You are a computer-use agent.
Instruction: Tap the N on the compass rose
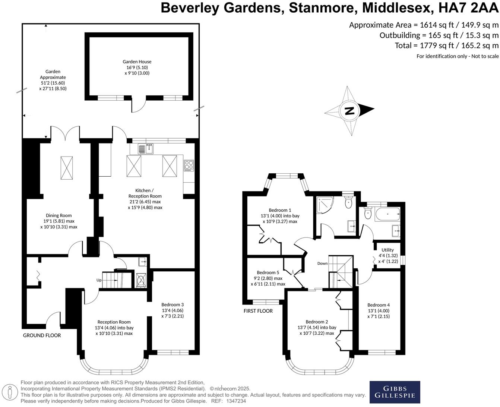coord(349,111)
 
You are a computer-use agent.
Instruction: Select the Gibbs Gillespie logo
coord(395,392)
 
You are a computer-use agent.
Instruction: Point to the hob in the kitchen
coord(189,165)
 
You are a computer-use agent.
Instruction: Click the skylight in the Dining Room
coord(67,168)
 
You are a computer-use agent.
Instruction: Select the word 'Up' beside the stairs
coord(99,280)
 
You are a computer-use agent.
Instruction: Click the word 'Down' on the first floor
coord(322,264)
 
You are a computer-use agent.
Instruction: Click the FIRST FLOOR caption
coord(258,311)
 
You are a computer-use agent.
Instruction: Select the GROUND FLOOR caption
coord(42,335)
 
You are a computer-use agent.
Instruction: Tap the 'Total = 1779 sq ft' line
coord(446,45)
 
